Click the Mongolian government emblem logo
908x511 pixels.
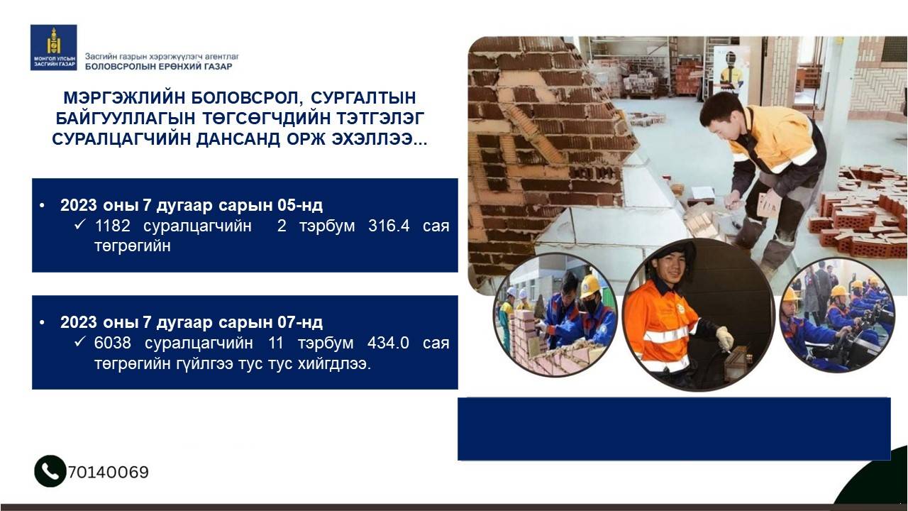(53, 47)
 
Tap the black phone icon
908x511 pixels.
(50, 471)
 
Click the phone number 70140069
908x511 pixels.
(109, 472)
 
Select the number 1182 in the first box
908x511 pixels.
(112, 226)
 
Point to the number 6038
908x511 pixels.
(112, 343)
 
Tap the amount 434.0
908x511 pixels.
(388, 343)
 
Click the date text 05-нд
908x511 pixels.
(300, 205)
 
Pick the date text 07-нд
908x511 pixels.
(300, 322)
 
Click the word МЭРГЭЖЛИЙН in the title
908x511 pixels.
(124, 98)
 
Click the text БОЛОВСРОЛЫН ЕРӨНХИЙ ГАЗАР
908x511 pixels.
(158, 67)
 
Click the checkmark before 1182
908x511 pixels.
(79, 224)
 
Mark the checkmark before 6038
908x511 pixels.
(79, 341)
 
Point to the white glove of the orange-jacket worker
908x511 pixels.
(724, 339)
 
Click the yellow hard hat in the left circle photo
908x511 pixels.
(589, 286)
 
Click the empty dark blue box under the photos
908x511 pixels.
(674, 429)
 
